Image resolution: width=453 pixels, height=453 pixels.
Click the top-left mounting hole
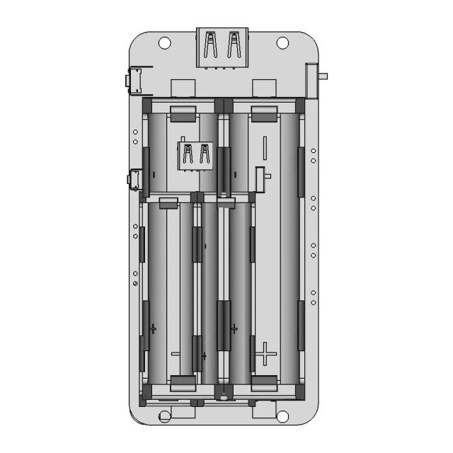pos(165,42)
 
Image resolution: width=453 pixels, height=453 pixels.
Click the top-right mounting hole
pos(282,42)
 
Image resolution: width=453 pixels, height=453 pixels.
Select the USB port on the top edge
pos(222,47)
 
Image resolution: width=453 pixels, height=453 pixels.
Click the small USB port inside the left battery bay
pos(195,155)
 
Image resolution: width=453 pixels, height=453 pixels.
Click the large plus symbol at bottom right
pos(265,353)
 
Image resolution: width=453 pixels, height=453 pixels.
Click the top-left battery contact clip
pos(183,111)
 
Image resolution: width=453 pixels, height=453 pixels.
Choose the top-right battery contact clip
pos(264,111)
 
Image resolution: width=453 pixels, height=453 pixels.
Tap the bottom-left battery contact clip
pos(183,383)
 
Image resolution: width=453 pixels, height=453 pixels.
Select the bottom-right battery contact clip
pos(264,383)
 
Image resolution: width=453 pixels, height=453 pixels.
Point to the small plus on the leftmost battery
pos(153,328)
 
